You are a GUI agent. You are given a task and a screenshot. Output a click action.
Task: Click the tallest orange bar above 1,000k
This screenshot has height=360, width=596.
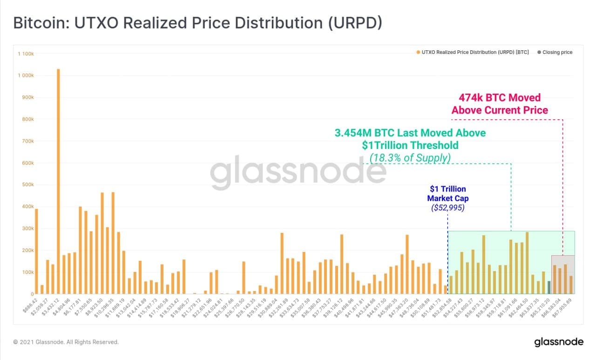point(58,182)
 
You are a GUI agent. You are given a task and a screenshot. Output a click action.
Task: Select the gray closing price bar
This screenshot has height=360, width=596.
point(549,287)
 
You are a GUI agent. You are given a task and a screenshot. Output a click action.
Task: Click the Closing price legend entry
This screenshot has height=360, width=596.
point(557,52)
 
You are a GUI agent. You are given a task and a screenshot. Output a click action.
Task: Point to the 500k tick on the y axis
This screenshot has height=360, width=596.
point(27,185)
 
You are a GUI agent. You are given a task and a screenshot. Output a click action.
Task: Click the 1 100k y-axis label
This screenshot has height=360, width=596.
point(26,54)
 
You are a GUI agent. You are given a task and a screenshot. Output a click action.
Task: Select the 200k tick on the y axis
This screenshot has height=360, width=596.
point(27,251)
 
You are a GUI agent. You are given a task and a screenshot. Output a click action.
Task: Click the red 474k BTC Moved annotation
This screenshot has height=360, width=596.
point(500,104)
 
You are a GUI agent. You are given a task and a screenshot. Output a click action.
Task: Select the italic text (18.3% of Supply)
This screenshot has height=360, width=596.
point(410,158)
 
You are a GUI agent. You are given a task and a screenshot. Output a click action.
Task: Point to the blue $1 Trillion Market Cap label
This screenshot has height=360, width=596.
point(447,193)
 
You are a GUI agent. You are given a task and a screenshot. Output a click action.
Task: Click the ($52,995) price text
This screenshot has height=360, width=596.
point(447,208)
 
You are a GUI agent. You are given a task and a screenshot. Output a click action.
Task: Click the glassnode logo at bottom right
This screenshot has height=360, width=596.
point(558,342)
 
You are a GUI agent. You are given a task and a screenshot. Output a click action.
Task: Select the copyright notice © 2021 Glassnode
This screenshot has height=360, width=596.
point(66,342)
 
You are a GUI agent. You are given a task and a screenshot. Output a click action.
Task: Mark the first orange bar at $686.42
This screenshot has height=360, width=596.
point(36,251)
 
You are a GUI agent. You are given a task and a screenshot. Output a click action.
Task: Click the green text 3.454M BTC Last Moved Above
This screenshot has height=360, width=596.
point(410,133)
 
